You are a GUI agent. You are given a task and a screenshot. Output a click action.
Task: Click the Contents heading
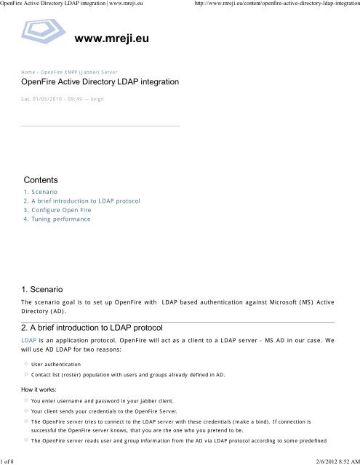pyautogui.click(x=41, y=179)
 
